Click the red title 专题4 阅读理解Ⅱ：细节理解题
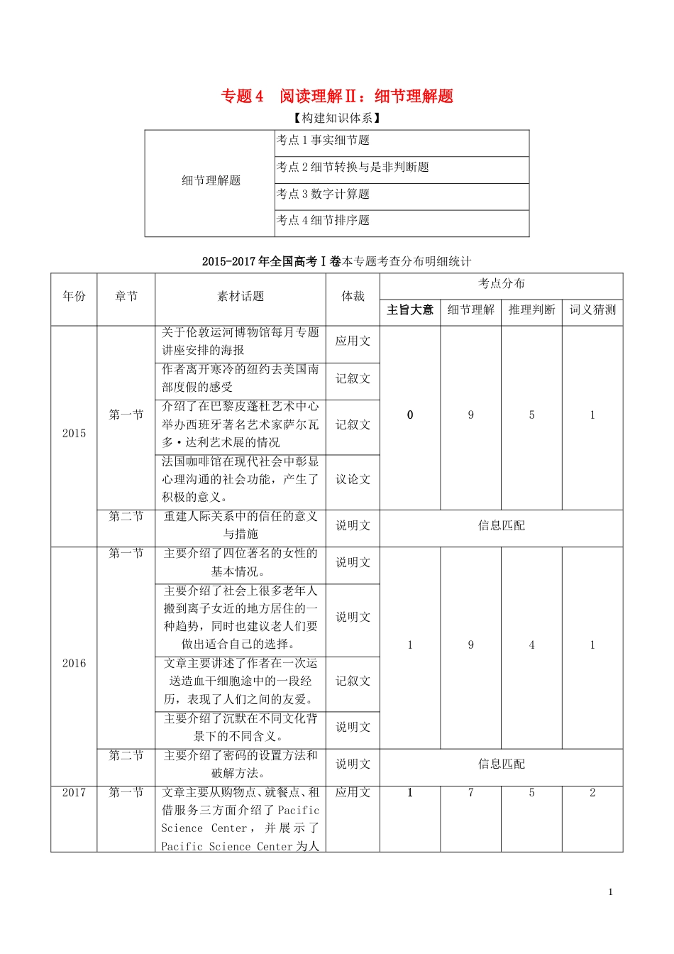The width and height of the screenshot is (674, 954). (337, 97)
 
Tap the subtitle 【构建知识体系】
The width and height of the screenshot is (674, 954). (337, 118)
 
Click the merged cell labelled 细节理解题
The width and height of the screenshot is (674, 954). (211, 181)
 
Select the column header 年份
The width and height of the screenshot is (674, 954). (74, 297)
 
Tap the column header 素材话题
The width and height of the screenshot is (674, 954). (241, 297)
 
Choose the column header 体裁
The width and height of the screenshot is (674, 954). (353, 297)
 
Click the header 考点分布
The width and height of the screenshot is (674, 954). (502, 284)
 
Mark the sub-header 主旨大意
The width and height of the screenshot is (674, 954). (410, 310)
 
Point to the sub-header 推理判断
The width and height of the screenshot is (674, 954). (531, 310)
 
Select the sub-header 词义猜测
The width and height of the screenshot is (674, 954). (592, 310)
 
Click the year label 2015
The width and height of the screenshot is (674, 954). (74, 434)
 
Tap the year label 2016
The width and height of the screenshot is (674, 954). (74, 664)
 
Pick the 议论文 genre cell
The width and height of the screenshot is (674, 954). (353, 480)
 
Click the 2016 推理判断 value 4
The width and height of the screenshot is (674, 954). (531, 645)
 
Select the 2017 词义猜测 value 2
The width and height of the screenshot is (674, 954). (592, 793)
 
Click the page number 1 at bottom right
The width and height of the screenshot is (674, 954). (610, 892)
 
